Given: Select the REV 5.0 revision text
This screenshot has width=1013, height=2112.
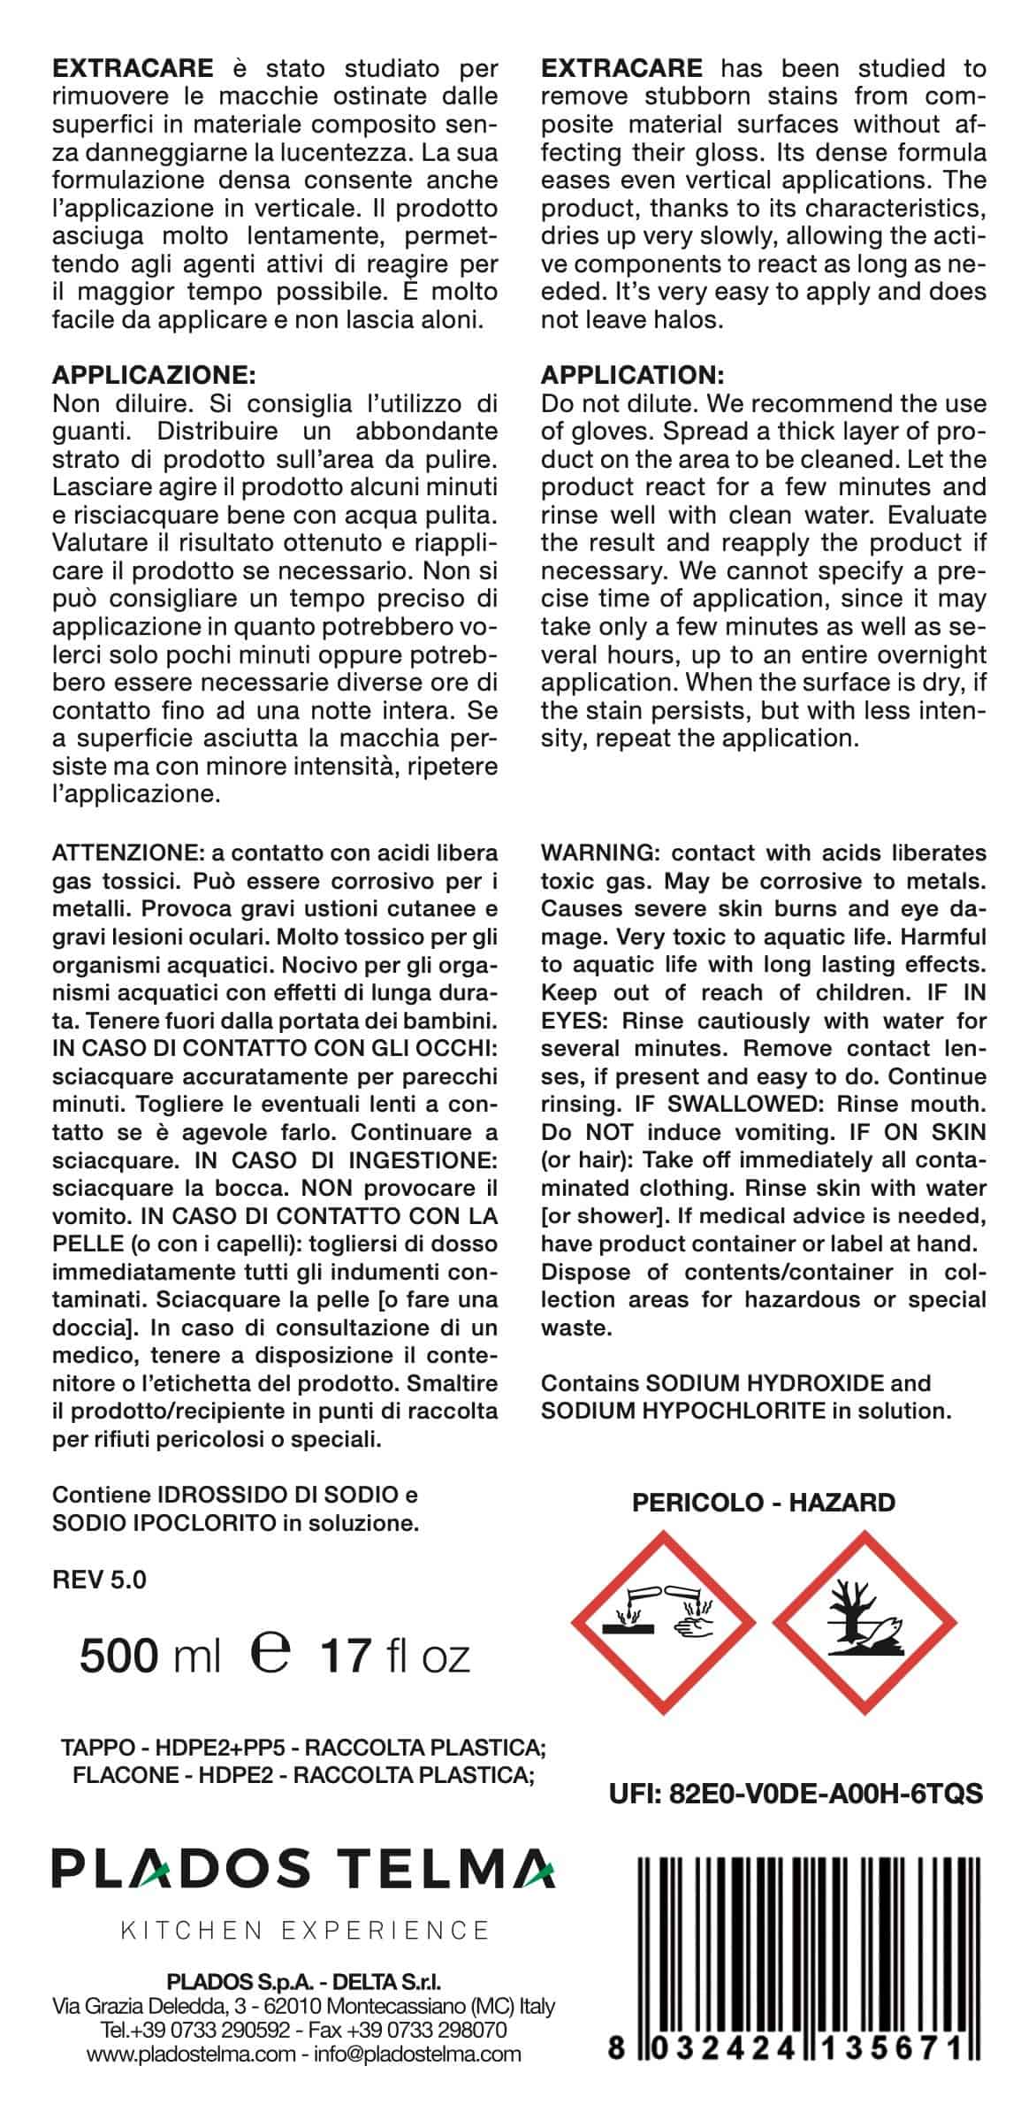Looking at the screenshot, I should [x=100, y=1579].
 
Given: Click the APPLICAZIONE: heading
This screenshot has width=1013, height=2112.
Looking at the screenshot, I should [x=154, y=375].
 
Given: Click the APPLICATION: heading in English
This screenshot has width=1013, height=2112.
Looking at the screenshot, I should [x=633, y=375].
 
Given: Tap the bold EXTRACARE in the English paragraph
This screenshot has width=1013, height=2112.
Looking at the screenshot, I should [x=621, y=68].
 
